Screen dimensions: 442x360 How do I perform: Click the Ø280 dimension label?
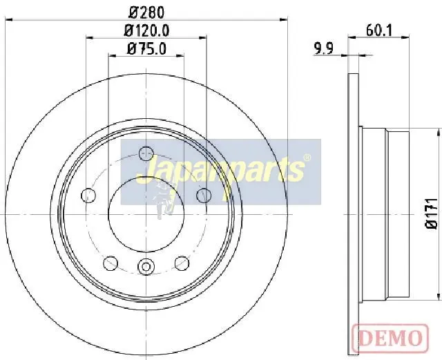146,12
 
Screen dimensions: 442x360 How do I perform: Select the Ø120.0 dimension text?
146,30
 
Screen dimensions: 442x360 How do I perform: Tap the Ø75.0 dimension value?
146,48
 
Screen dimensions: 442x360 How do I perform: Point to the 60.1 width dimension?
379,30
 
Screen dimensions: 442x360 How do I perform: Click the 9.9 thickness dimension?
324,48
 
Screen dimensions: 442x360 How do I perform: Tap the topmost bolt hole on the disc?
146,153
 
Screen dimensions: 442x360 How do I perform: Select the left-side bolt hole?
88,196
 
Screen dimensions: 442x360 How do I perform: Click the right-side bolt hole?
204,196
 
